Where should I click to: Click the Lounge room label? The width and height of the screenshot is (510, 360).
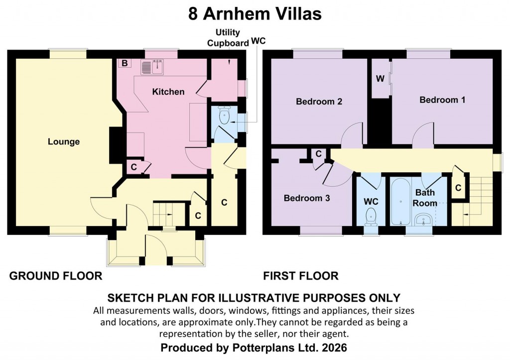[x=64, y=142]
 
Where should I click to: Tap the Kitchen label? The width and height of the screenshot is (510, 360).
[x=168, y=92]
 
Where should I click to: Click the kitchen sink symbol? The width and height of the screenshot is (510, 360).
[x=153, y=67]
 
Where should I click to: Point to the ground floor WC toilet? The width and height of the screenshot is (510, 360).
[x=223, y=118]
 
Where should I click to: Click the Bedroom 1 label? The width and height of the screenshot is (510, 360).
[x=442, y=100]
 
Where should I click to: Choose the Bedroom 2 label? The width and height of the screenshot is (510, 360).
[x=319, y=102]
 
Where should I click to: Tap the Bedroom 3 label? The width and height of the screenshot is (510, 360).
[x=307, y=198]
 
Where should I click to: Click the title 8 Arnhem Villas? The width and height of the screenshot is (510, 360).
[x=255, y=14]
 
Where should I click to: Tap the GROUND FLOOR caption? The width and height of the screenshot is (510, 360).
[x=56, y=276]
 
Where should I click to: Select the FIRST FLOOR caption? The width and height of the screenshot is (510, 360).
[x=301, y=276]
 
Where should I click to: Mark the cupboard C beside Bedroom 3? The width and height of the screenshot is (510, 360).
[x=318, y=154]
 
